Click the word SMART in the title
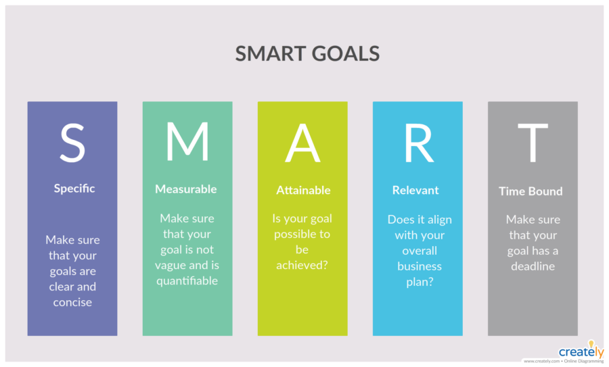click(270, 53)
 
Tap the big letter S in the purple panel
click(72, 143)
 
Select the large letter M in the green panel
click(187, 141)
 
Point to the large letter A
click(302, 143)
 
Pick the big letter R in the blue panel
click(419, 143)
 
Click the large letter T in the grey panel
click(533, 143)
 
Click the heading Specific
click(74, 189)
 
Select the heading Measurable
click(186, 189)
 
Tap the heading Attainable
click(303, 190)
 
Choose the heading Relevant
click(415, 190)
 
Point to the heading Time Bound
click(531, 191)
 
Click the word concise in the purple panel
click(72, 302)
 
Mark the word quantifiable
click(187, 281)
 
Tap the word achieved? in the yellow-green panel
click(302, 265)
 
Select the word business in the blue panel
click(420, 266)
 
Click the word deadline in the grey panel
click(533, 266)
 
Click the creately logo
click(581, 350)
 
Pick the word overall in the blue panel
click(420, 251)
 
